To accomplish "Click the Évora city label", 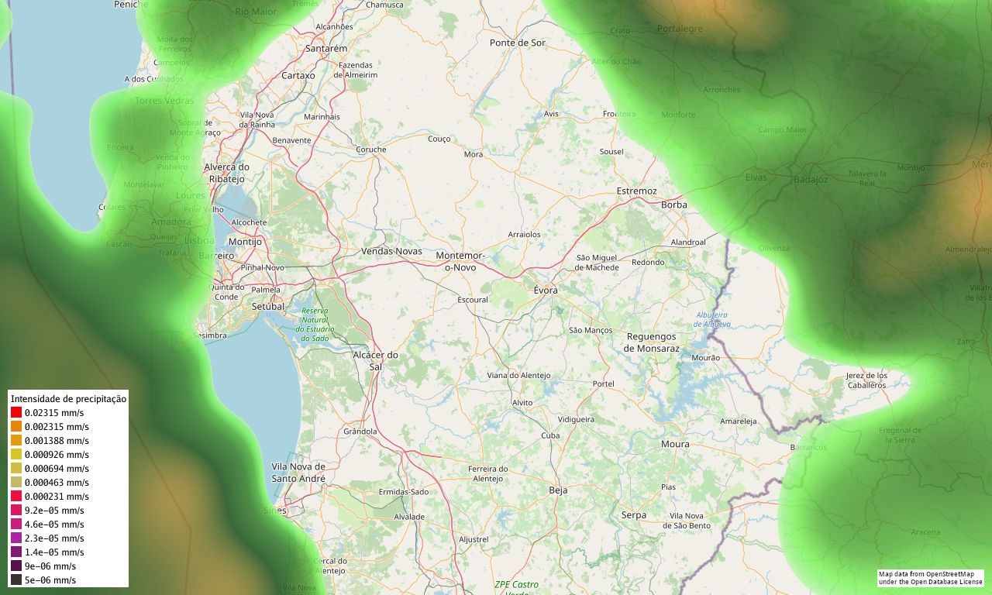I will click(546, 290).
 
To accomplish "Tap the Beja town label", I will click(558, 490).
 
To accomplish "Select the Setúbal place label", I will click(269, 306).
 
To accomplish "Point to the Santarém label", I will click(326, 48).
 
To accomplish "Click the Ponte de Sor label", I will click(518, 43).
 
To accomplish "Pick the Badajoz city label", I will click(811, 180).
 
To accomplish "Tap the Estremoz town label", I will click(636, 191).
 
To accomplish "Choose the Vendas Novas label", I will click(391, 251).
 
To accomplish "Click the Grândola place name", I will click(360, 432).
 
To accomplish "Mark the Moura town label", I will click(675, 444).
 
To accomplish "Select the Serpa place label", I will click(633, 515).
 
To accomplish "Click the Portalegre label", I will click(680, 29).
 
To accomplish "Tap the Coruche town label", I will click(370, 150).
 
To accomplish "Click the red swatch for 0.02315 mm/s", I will click(16, 413).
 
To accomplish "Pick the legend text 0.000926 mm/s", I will click(57, 455).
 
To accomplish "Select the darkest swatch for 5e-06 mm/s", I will click(16, 580).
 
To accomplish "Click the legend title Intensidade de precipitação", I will click(68, 399).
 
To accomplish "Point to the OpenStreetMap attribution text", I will click(930, 578).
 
